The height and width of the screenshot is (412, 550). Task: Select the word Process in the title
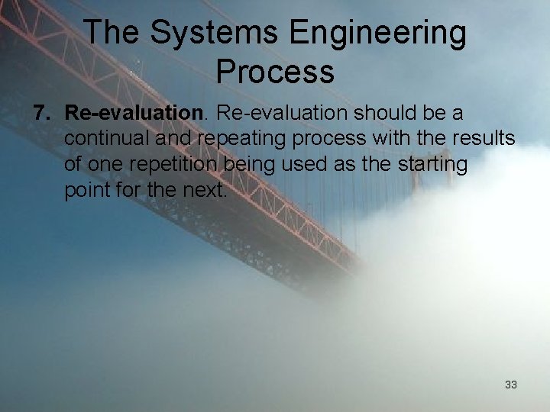275,71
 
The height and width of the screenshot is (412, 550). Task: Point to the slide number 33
511,385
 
